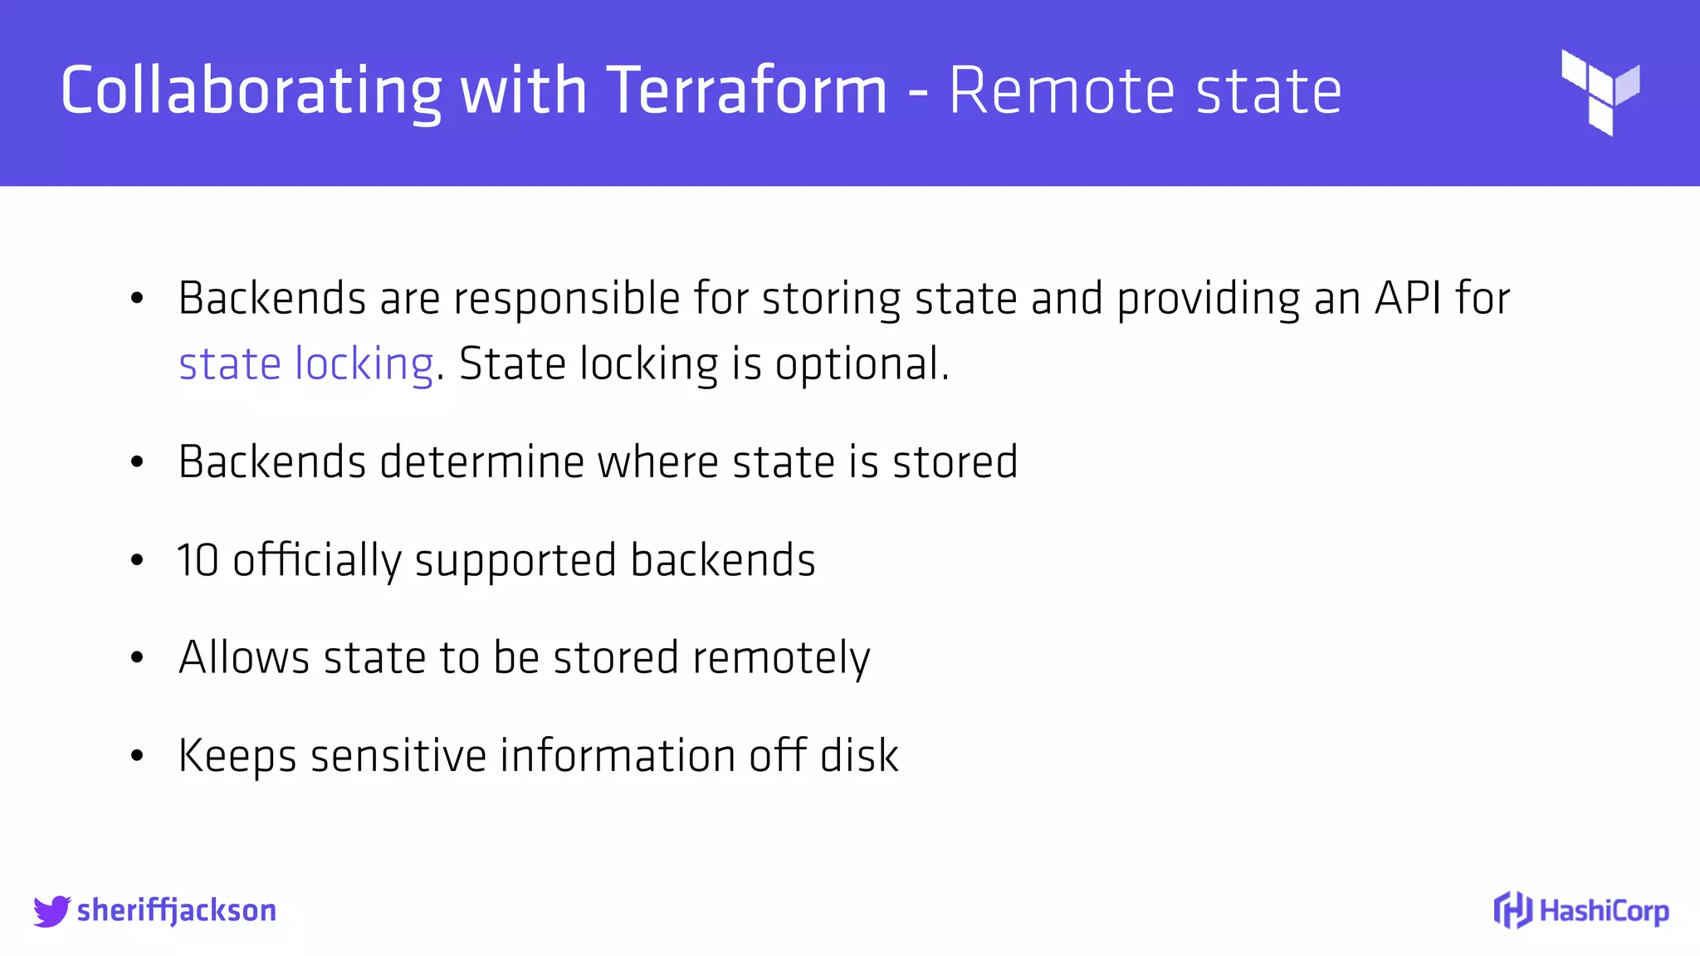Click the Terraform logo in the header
1600,91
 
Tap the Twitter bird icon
51,910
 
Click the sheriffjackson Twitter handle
176,910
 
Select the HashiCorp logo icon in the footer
1512,910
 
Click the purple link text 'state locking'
305,363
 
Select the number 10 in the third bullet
198,560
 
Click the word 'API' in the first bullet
1408,298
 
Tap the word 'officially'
317,560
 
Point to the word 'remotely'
781,658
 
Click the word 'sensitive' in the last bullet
398,756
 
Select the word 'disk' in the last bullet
859,756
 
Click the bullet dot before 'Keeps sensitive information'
137,756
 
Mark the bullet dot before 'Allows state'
137,658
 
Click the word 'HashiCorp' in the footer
1604,911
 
